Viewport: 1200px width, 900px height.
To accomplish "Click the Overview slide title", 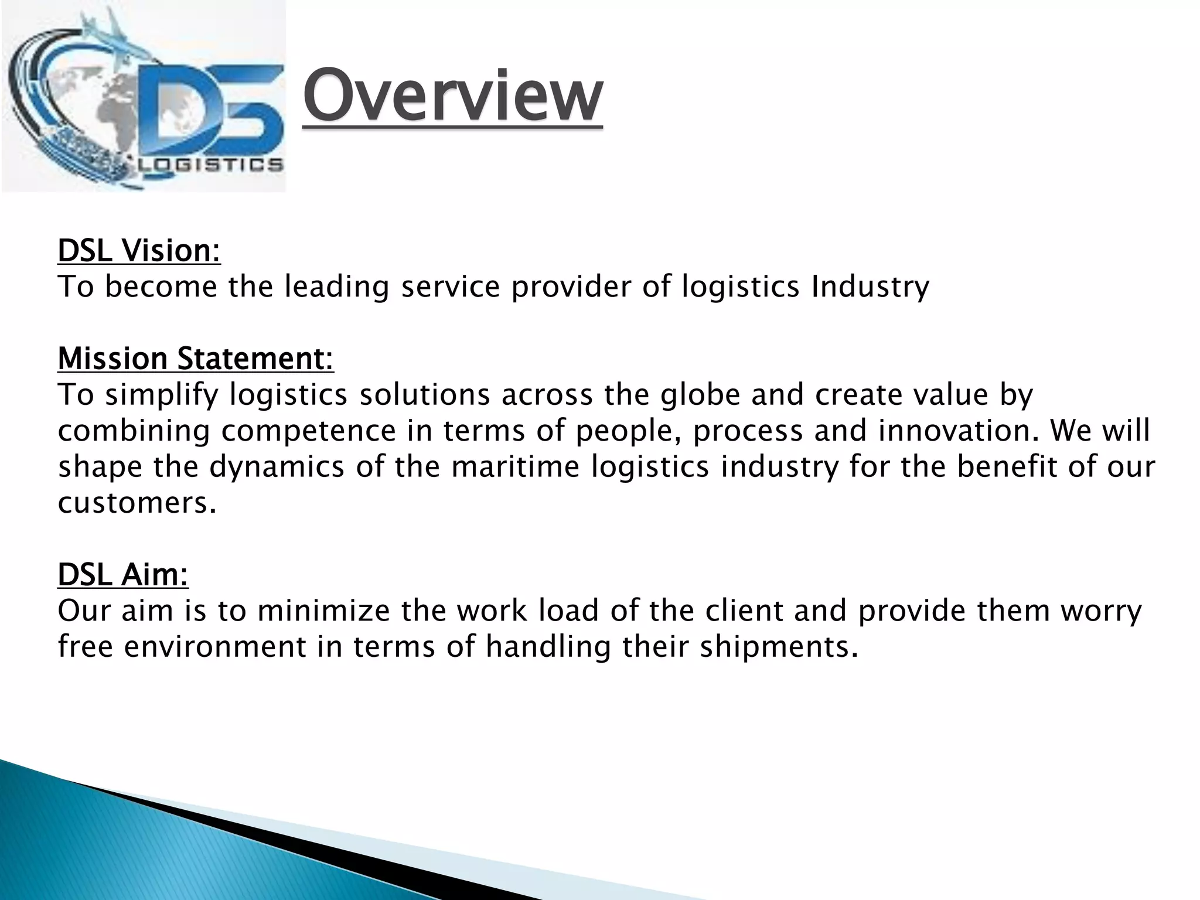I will (452, 96).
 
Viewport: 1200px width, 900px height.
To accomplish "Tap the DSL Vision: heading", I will (139, 251).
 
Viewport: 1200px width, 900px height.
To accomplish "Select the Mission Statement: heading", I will (196, 359).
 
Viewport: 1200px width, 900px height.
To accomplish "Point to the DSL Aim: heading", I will (123, 574).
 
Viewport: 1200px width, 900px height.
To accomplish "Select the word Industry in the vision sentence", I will (870, 287).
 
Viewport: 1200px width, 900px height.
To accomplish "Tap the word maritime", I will (516, 467).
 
